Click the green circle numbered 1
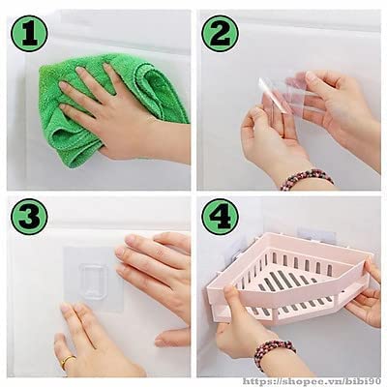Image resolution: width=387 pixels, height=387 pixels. tap(29, 34)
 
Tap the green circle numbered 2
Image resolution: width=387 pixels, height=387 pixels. tap(221, 34)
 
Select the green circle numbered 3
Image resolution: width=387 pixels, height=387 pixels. tap(29, 217)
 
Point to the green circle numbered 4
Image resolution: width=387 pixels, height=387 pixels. tap(221, 217)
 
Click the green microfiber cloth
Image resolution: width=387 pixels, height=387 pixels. tap(97, 106)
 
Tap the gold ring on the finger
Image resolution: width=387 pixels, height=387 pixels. tap(68, 361)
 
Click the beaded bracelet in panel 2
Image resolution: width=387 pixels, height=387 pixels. tap(307, 178)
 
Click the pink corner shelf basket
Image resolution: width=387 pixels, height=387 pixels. tap(290, 278)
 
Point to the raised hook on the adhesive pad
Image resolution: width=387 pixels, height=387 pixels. tap(93, 280)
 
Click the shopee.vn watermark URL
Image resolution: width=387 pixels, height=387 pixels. tap(311, 381)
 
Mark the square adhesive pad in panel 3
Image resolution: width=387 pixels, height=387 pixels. tap(93, 279)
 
